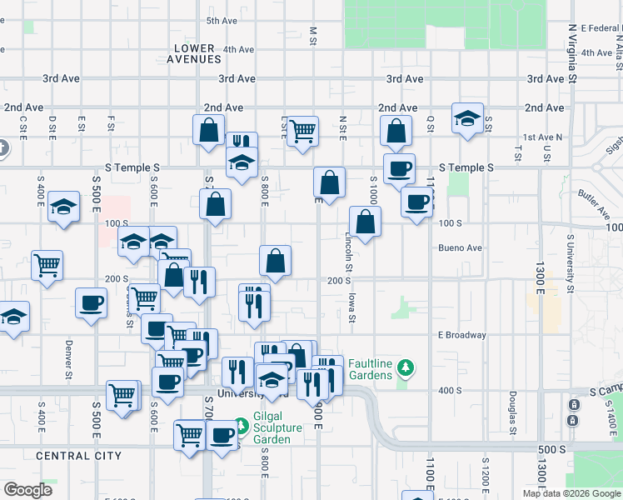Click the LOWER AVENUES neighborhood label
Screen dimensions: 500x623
(194, 53)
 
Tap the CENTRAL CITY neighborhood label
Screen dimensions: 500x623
(79, 456)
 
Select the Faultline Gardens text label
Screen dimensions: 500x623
(370, 369)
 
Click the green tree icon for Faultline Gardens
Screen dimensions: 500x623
(406, 367)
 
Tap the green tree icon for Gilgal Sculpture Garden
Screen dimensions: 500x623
(241, 426)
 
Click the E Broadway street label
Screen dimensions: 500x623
(461, 335)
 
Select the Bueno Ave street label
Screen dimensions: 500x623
(461, 247)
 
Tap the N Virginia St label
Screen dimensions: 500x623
(573, 52)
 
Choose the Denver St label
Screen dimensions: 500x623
(69, 357)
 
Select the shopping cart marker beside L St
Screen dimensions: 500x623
(302, 129)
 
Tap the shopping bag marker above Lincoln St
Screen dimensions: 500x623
(365, 221)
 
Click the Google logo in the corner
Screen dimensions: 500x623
(27, 490)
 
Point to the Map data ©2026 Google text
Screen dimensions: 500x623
(571, 493)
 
